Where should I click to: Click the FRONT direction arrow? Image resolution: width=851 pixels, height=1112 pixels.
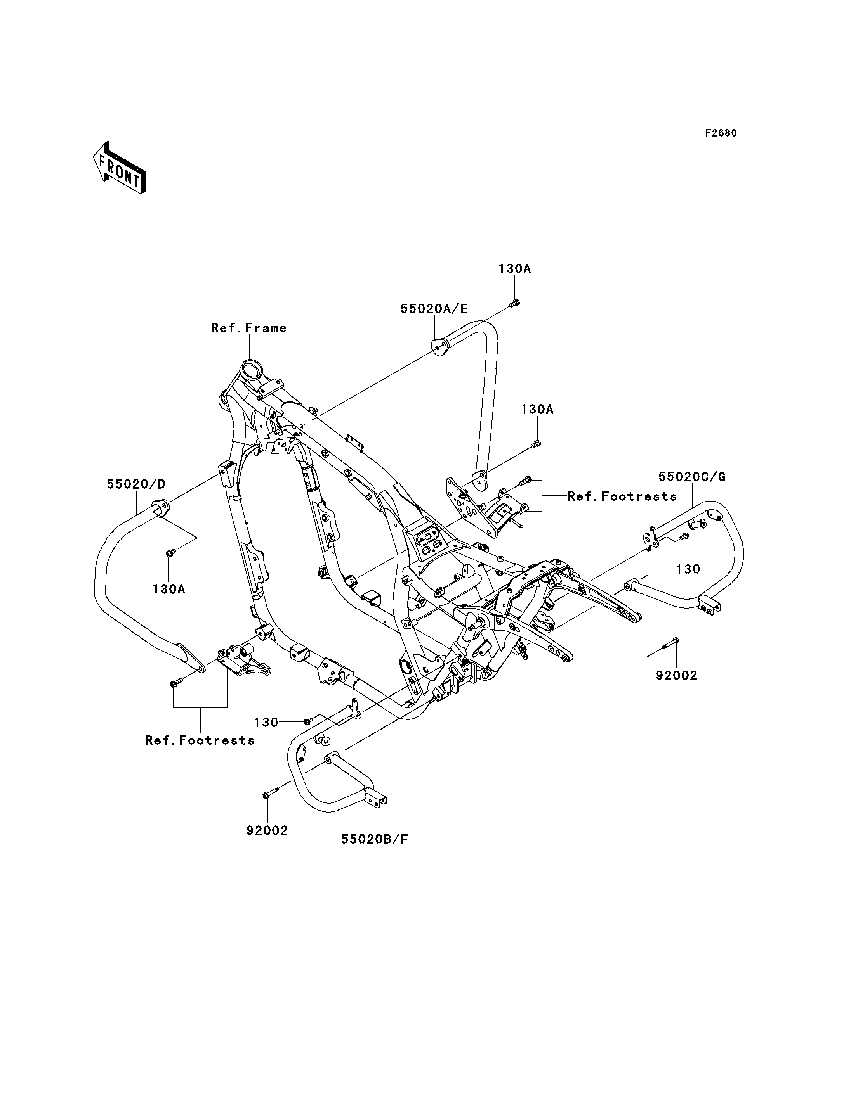pyautogui.click(x=120, y=168)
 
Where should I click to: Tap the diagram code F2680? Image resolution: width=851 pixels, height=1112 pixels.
pyautogui.click(x=721, y=133)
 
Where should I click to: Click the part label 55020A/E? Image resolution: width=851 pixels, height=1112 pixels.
pyautogui.click(x=434, y=309)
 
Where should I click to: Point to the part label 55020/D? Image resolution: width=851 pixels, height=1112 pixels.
pyautogui.click(x=136, y=484)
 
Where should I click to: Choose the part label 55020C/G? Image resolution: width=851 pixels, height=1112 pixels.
pyautogui.click(x=692, y=477)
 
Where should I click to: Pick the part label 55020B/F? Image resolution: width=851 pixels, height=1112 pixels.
pyautogui.click(x=375, y=840)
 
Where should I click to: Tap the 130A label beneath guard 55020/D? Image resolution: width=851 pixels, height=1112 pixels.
pyautogui.click(x=168, y=589)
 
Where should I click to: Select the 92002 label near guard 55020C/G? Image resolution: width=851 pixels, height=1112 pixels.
pyautogui.click(x=677, y=675)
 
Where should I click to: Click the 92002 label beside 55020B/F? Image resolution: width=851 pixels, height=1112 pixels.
pyautogui.click(x=267, y=830)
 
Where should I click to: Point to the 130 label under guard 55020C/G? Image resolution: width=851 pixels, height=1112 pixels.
pyautogui.click(x=688, y=569)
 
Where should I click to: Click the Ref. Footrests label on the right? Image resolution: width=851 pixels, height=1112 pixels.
pyautogui.click(x=622, y=496)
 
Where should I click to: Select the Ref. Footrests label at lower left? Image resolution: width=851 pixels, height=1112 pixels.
pyautogui.click(x=200, y=740)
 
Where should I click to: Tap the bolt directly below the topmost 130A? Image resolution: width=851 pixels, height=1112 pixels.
pyautogui.click(x=514, y=303)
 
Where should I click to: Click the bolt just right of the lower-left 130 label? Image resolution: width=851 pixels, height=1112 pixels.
pyautogui.click(x=307, y=721)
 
